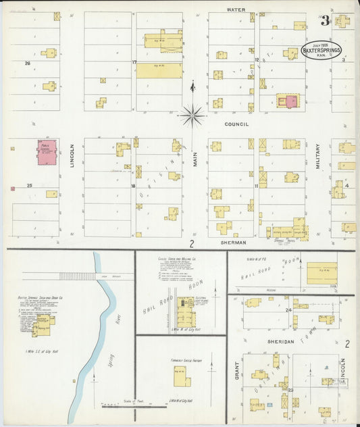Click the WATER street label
(x=236, y=10)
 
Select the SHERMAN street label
(x=232, y=242)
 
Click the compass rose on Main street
(x=192, y=116)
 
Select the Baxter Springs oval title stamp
(x=322, y=50)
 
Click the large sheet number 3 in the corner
(x=325, y=21)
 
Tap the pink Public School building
(x=45, y=153)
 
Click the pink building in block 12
(x=291, y=101)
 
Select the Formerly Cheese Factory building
(x=182, y=376)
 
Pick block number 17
(x=134, y=63)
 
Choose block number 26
(x=27, y=64)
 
